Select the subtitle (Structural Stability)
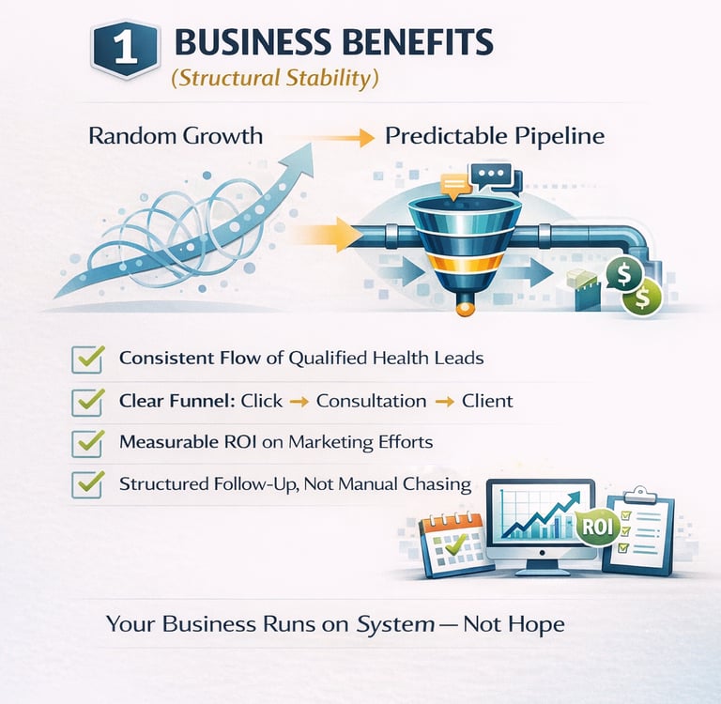click(x=274, y=77)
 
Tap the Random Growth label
click(x=176, y=136)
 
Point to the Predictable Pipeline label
click(x=495, y=136)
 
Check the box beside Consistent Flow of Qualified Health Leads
click(x=87, y=359)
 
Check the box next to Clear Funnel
click(x=87, y=401)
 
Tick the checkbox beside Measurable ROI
click(x=87, y=442)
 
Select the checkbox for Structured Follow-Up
click(x=87, y=484)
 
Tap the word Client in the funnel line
click(x=487, y=401)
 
